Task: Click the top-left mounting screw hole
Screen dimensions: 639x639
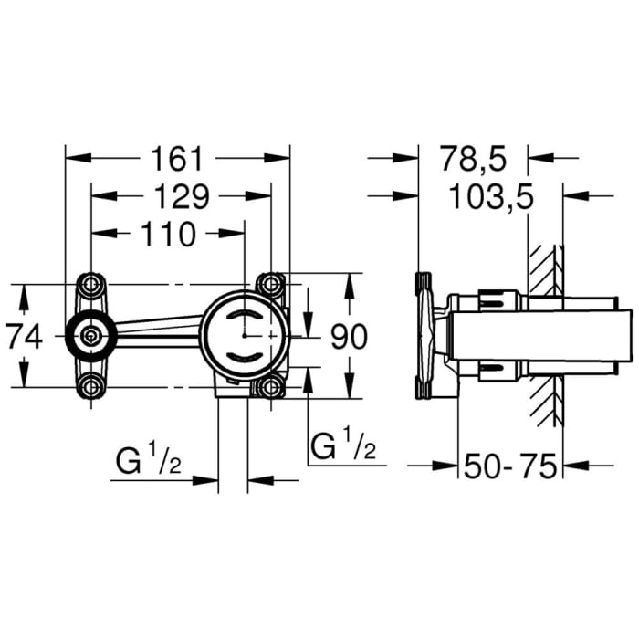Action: coord(91,284)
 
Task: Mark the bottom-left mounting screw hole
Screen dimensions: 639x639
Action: coord(91,387)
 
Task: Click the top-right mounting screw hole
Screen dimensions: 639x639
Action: coord(270,284)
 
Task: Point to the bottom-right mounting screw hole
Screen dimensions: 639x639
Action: coord(270,387)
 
